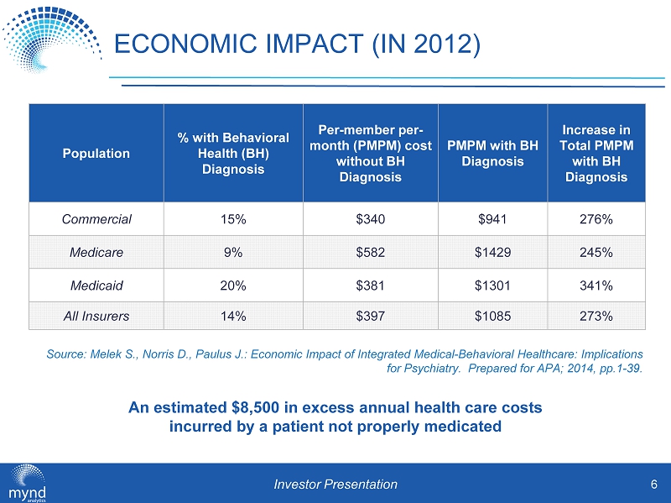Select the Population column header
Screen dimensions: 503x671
tap(96, 153)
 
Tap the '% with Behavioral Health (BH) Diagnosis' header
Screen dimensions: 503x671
tap(232, 153)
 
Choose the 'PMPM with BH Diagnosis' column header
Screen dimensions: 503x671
tap(492, 153)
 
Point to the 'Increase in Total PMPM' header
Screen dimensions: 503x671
tap(596, 153)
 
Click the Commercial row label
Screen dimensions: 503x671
tap(96, 219)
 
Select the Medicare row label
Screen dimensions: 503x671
tap(96, 252)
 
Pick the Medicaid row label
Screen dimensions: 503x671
tap(96, 285)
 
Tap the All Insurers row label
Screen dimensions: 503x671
tap(96, 317)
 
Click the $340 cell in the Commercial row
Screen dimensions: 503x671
tap(370, 219)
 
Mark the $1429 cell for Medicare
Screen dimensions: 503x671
tap(492, 252)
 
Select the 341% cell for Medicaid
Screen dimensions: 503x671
tap(596, 285)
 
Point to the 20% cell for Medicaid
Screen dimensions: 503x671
tap(232, 285)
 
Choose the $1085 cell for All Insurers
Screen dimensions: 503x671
tap(492, 317)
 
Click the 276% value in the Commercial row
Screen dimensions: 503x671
tap(596, 219)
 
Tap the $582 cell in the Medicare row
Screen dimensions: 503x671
tap(370, 252)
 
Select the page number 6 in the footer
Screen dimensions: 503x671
tap(653, 483)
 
